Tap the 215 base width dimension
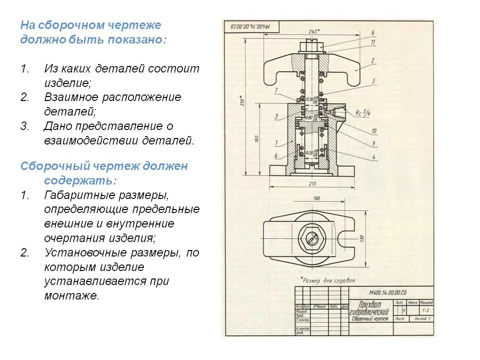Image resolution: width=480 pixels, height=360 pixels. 313,184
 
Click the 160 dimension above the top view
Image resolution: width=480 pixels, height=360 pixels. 316,198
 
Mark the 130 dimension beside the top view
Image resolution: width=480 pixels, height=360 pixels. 361,239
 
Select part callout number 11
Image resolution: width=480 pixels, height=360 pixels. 373,42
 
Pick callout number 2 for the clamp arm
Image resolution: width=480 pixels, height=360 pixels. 373,60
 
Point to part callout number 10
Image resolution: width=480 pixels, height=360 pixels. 373,131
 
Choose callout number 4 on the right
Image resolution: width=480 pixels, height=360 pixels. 373,156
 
